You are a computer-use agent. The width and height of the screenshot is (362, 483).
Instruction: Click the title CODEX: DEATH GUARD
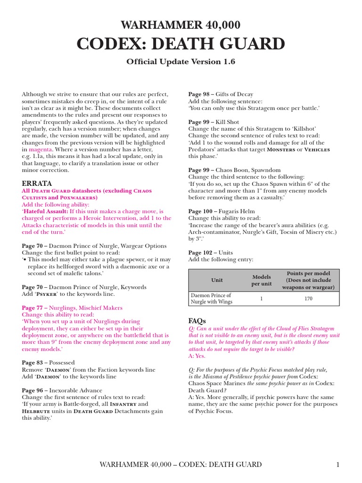pyautogui.click(x=181, y=44)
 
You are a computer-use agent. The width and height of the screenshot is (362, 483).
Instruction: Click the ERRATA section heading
pyautogui.click(x=37, y=183)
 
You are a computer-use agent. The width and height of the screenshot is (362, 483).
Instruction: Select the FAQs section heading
pyautogui.click(x=197, y=321)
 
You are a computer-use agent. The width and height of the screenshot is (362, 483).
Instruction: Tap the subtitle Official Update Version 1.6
pyautogui.click(x=181, y=62)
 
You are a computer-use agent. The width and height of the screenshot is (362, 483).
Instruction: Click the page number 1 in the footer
pyautogui.click(x=337, y=465)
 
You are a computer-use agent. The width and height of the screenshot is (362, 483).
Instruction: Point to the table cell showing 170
pyautogui.click(x=308, y=299)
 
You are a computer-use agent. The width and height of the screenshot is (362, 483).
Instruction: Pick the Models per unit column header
pyautogui.click(x=262, y=280)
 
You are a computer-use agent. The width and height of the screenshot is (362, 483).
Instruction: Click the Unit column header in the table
pyautogui.click(x=217, y=280)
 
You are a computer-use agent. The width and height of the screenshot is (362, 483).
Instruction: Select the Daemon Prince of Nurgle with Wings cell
pyautogui.click(x=211, y=299)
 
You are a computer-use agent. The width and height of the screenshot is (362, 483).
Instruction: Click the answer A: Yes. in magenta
pyautogui.click(x=197, y=356)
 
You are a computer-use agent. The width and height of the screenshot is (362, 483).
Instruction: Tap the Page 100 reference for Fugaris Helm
pyautogui.click(x=202, y=212)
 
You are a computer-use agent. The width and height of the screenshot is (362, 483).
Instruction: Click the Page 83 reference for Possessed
pyautogui.click(x=34, y=363)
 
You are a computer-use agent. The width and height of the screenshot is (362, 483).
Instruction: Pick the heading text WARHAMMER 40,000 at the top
pyautogui.click(x=181, y=25)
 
